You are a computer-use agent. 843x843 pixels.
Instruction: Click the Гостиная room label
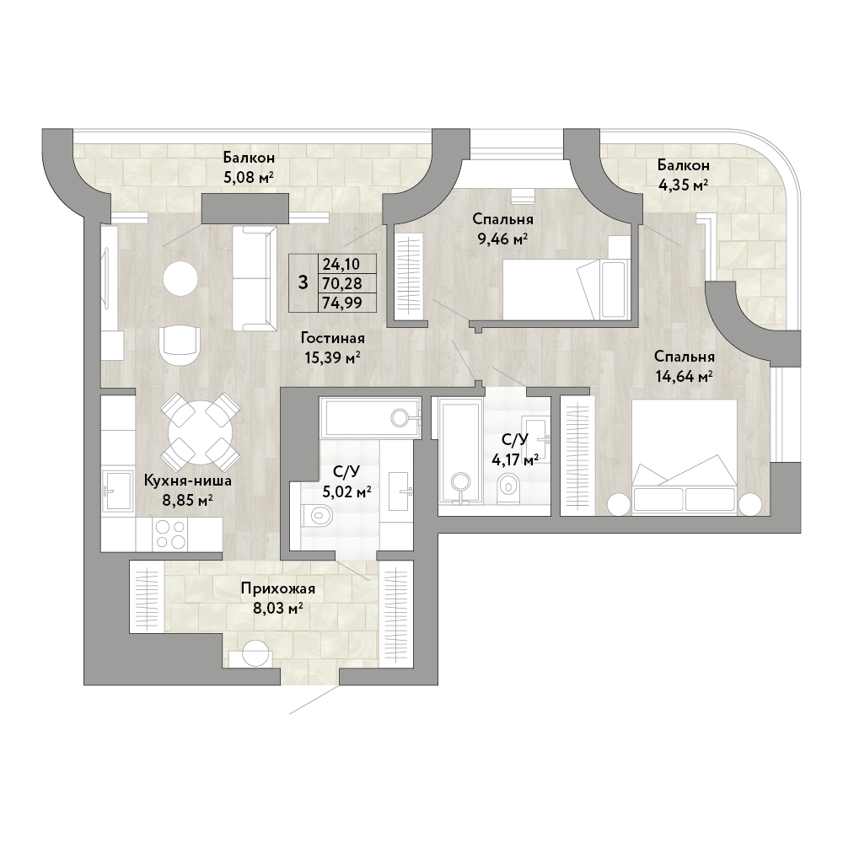click(x=333, y=338)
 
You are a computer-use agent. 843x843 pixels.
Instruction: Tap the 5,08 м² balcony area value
click(x=249, y=177)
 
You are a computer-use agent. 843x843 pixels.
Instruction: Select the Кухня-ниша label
click(x=188, y=481)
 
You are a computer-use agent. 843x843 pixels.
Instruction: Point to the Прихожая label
click(x=278, y=588)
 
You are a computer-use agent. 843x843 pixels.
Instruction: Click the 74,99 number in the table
click(x=342, y=303)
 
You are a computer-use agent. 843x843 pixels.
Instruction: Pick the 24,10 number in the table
click(x=341, y=264)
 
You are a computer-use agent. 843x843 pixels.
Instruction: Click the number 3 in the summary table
click(x=303, y=282)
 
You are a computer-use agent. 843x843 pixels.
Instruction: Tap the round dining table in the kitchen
click(x=201, y=432)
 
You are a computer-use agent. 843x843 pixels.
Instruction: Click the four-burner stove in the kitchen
click(x=170, y=534)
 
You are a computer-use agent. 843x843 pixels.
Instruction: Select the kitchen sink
click(x=118, y=491)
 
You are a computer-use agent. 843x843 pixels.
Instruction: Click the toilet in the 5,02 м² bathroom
click(x=315, y=516)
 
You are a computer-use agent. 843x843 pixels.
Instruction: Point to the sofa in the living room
click(x=255, y=278)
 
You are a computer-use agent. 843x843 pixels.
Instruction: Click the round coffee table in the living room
click(x=180, y=278)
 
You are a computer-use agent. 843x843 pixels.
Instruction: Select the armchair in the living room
click(x=180, y=346)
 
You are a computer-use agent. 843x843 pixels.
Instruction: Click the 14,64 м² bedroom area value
click(x=684, y=375)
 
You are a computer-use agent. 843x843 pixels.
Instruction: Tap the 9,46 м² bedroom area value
click(x=502, y=238)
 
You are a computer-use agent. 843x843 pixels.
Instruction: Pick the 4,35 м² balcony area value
click(x=683, y=185)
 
